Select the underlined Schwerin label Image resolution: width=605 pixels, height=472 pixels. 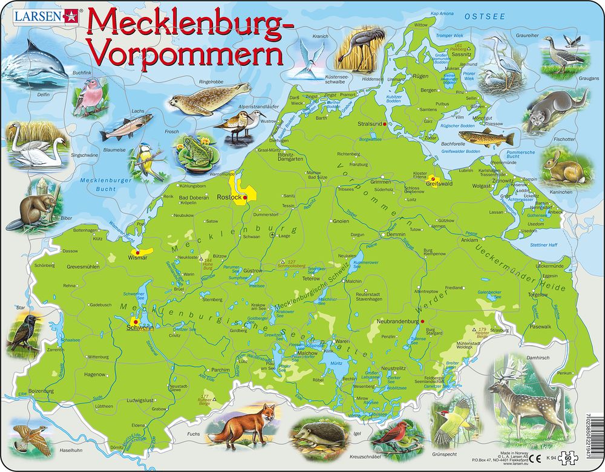(139, 328)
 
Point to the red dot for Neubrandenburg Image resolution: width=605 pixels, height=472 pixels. (423, 321)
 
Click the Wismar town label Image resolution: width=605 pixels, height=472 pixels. (137, 257)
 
